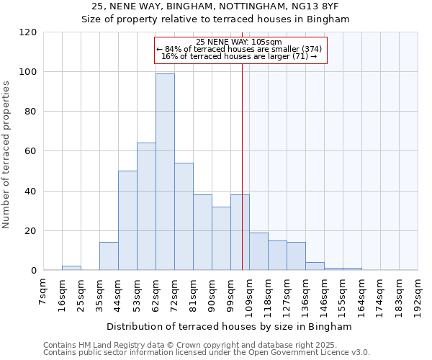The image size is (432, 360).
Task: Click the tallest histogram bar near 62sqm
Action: tap(165, 173)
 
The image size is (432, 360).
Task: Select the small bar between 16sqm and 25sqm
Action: tap(71, 268)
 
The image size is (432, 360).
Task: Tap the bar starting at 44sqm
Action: tap(127, 220)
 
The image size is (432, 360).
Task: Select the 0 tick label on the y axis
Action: tap(34, 271)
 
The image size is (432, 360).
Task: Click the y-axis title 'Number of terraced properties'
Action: tap(7, 155)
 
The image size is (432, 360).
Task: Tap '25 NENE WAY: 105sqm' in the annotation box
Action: tap(238, 42)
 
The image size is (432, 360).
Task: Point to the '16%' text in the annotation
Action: tap(168, 56)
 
